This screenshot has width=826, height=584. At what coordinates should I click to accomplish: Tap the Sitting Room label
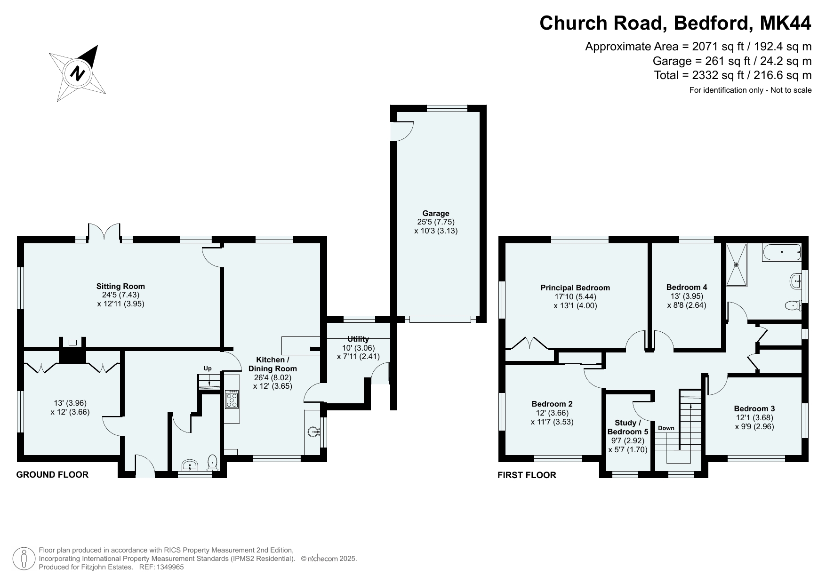pos(120,286)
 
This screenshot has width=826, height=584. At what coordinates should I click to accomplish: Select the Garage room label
pos(436,213)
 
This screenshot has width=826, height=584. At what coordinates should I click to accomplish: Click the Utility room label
pos(358,339)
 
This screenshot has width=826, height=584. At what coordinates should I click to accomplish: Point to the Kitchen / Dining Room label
pos(273,364)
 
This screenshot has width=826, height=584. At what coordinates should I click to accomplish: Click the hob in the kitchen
pos(232,399)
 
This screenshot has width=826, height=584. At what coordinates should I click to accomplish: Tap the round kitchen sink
pos(313,432)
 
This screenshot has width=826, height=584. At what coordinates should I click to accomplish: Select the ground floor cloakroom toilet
pos(213,462)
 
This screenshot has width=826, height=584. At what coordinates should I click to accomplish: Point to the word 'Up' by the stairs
pos(208,368)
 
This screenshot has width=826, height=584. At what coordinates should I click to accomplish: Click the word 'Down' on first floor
pos(666,428)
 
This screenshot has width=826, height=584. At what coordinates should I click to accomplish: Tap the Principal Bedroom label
pos(575,288)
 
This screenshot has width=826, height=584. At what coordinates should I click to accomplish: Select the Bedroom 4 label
pos(687,287)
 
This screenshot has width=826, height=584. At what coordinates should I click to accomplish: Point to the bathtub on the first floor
pos(781,252)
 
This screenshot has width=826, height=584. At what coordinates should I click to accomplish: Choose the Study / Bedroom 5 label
pos(628,427)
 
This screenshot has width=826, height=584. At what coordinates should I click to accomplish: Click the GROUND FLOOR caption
pos(52,474)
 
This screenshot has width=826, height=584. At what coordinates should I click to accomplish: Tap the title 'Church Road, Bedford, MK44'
pos(675,23)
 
